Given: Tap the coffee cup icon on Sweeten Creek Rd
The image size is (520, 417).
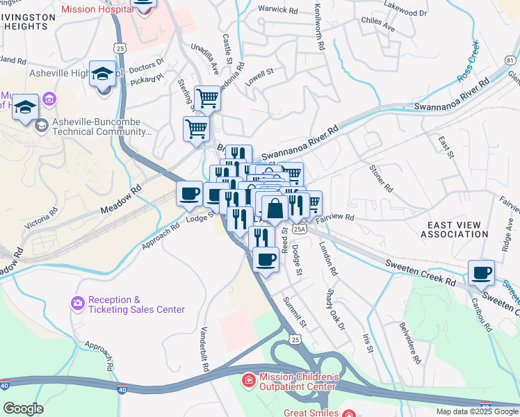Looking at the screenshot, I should click(480, 272).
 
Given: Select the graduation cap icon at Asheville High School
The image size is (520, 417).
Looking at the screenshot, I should click(102, 74).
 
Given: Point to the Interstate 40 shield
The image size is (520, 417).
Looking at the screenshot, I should click(122, 392).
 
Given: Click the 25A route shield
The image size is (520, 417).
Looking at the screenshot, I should click(299, 227).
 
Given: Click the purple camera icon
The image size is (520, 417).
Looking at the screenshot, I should click(77, 303).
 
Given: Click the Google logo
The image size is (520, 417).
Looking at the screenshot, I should click(23, 408).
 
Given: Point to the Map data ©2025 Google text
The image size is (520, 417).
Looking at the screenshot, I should click(477, 411).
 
